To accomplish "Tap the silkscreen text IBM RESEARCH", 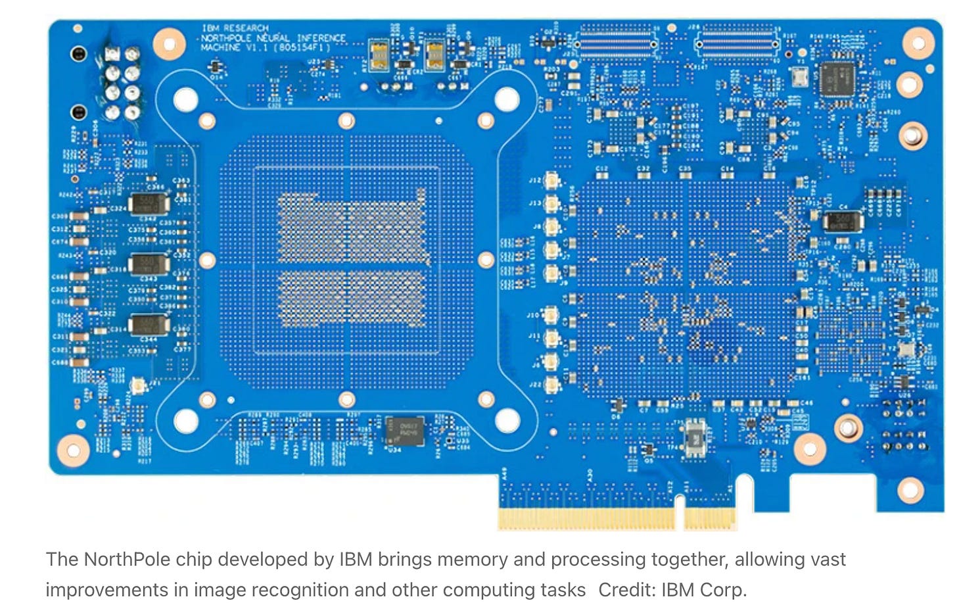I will [235, 28].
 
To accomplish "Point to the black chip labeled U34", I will [404, 431].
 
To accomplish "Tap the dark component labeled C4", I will [843, 222].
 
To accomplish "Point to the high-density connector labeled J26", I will [737, 43].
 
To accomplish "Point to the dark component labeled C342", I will [149, 204].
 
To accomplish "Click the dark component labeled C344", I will [149, 325].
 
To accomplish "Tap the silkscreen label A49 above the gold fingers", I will [505, 473].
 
